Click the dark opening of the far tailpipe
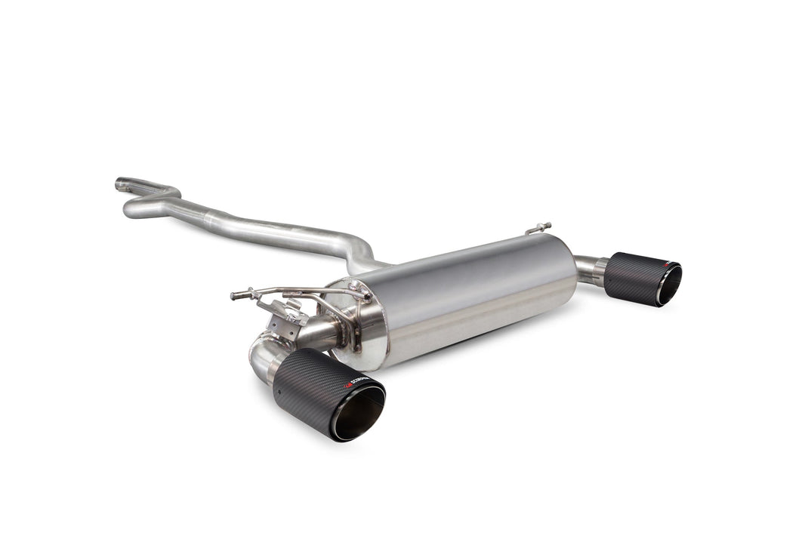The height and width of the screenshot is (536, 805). coord(669,285)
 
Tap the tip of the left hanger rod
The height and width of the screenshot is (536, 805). coord(233,295)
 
